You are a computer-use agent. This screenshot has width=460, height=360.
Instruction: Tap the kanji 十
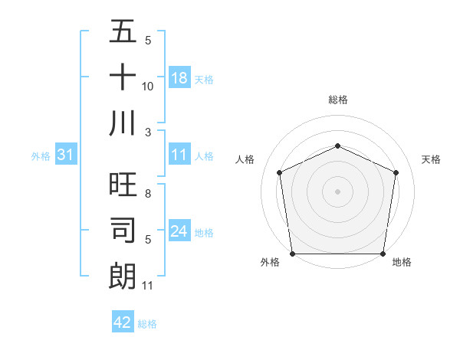tap(123, 78)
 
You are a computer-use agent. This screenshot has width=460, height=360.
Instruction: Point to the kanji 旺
tap(123, 186)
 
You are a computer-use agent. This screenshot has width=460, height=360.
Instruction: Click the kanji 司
tap(123, 231)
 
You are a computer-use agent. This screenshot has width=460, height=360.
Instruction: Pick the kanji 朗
tap(123, 276)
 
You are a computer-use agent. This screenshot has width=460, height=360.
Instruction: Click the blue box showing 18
tap(179, 78)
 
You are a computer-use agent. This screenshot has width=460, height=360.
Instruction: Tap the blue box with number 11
tap(179, 155)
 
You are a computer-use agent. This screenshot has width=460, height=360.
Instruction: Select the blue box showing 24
tap(179, 231)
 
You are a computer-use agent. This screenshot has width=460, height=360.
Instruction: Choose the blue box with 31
tap(66, 155)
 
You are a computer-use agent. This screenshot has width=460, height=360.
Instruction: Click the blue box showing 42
tap(123, 322)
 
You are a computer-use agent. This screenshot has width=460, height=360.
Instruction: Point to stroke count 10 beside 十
tap(148, 87)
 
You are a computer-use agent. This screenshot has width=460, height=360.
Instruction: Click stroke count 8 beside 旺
tap(148, 185)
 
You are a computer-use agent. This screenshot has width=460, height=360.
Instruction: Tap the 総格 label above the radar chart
tap(337, 100)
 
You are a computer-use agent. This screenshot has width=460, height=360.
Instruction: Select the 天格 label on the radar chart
tap(432, 159)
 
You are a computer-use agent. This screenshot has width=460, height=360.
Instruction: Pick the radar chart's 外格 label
tap(270, 263)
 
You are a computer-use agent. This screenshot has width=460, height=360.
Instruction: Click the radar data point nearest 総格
tap(337, 146)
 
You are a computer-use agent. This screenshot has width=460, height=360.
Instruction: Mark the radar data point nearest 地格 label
tap(383, 254)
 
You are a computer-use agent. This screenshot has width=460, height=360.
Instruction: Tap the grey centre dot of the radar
tap(337, 191)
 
